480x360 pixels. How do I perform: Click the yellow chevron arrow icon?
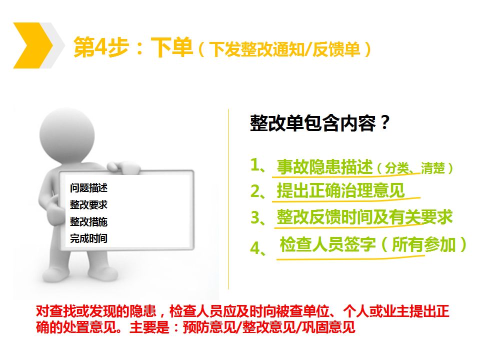[32, 45]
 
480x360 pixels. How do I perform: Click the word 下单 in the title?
[172, 47]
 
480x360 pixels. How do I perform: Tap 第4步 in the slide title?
[101, 47]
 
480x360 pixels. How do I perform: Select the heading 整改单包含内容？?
[320, 123]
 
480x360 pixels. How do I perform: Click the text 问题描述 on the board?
[88, 187]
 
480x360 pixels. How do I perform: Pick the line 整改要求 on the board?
[88, 204]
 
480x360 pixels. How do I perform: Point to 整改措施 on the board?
[88, 221]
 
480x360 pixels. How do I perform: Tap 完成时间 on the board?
[88, 238]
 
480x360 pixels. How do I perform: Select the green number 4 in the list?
[255, 247]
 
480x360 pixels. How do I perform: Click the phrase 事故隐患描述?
[325, 167]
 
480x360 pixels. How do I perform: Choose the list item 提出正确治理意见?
[340, 190]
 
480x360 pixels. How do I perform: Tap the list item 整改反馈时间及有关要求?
[364, 217]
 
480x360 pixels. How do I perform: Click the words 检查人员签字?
[328, 244]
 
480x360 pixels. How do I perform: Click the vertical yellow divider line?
[228, 199]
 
